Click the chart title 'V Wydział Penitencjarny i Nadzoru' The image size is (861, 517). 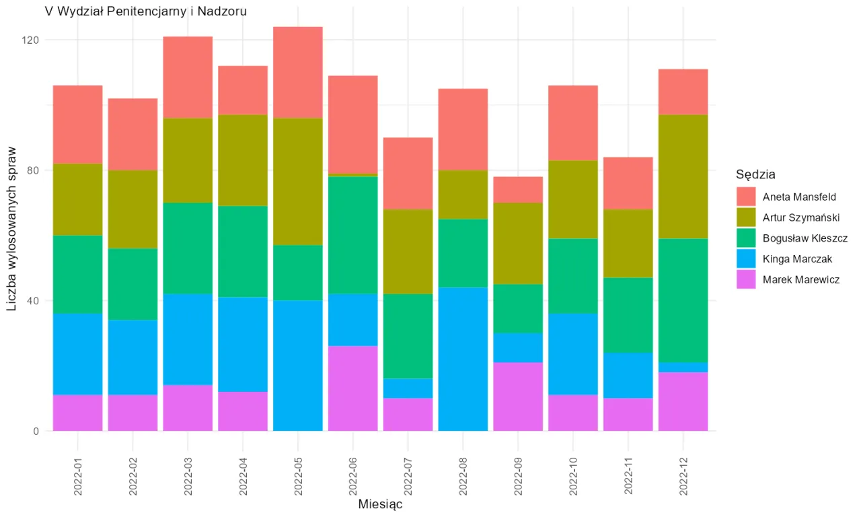click(145, 11)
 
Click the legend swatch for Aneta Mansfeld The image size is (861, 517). click(745, 197)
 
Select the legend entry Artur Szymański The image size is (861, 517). click(800, 217)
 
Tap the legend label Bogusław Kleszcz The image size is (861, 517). click(804, 238)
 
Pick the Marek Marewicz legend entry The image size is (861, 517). click(800, 279)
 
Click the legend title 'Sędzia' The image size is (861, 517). click(755, 175)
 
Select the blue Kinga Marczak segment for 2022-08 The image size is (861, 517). click(463, 359)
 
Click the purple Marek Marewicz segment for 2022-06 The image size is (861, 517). click(352, 388)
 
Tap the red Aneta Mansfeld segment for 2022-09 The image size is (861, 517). click(518, 190)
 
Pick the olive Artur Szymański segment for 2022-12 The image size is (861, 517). click(683, 177)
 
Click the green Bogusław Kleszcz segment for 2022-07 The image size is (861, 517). click(408, 336)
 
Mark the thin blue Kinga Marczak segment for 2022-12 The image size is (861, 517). click(683, 368)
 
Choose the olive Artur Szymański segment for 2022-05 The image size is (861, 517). click(298, 182)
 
